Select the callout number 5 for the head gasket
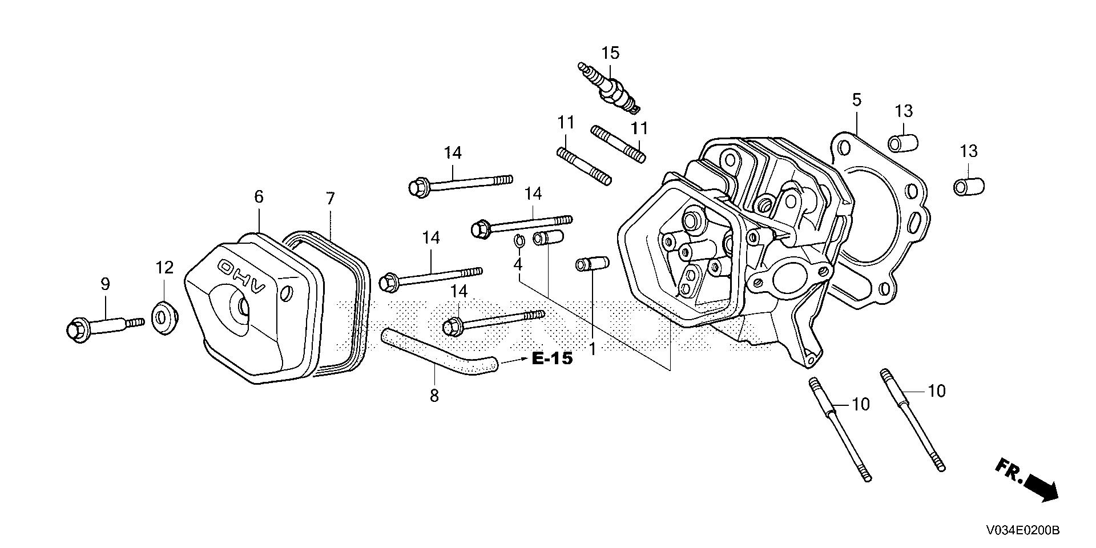click(856, 100)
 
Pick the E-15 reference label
click(552, 359)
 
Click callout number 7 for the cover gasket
click(331, 199)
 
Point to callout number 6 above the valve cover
click(259, 197)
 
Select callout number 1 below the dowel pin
click(593, 348)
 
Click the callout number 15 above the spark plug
click(610, 53)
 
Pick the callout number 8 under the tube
click(434, 395)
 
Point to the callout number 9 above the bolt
click(105, 284)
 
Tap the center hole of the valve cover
click(244, 308)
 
